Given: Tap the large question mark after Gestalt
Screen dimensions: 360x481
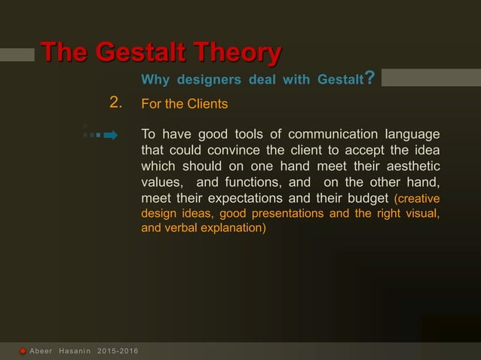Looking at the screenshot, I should pos(369,78).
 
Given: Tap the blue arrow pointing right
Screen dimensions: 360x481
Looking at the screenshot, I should pos(110,136).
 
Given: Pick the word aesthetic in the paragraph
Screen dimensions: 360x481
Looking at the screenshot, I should pos(413,166).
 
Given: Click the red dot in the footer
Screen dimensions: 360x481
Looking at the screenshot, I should pos(23,352).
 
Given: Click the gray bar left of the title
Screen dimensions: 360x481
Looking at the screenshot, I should pos(17,54).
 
